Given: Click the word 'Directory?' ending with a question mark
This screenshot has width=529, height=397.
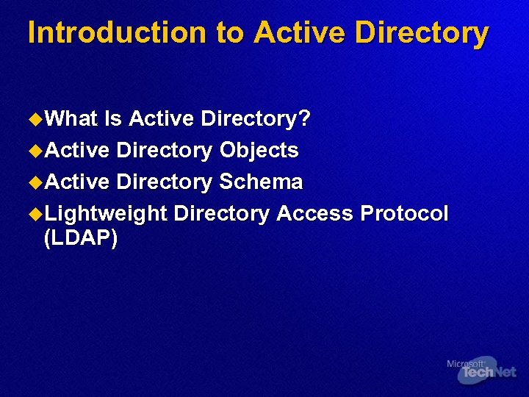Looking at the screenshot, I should tap(256, 119).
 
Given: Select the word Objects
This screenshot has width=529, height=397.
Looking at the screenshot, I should tap(259, 151).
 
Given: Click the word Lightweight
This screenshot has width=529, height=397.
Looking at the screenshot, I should tap(106, 214).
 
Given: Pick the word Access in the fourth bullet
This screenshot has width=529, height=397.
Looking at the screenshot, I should tap(314, 214).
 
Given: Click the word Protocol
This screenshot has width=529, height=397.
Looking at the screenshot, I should tap(404, 214).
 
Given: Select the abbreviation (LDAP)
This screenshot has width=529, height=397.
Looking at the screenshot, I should tap(81, 239).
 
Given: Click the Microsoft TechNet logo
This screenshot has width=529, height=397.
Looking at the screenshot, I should tap(481, 371).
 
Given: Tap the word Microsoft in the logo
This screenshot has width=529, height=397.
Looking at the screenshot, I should tap(465, 364).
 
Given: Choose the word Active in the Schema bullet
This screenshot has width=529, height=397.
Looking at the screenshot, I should tap(76, 182).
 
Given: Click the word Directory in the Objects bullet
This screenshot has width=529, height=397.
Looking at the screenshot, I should tap(165, 151).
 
